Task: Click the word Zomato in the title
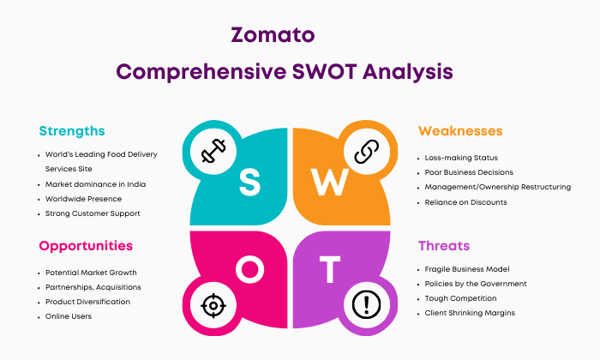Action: coord(273,35)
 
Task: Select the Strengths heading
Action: coord(72,131)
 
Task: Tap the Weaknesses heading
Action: coord(460,131)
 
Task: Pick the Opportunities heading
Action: coord(86,246)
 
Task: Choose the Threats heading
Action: coord(444,246)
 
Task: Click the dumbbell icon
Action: coord(213,151)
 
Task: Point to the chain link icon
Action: coord(367,152)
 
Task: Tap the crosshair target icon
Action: coord(213,306)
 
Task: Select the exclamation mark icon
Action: coord(366,305)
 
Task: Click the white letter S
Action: coord(250,183)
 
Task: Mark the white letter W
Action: coord(330,182)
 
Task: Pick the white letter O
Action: coord(250,269)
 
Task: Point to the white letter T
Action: coord(330,269)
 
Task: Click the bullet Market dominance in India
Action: coord(95,184)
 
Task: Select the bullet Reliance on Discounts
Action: coord(465,202)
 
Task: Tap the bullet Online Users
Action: coord(69,316)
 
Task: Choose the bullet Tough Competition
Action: coord(461,298)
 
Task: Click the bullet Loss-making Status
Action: coord(461,158)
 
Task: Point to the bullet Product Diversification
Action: coord(87,302)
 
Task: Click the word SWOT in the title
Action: coord(325,71)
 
